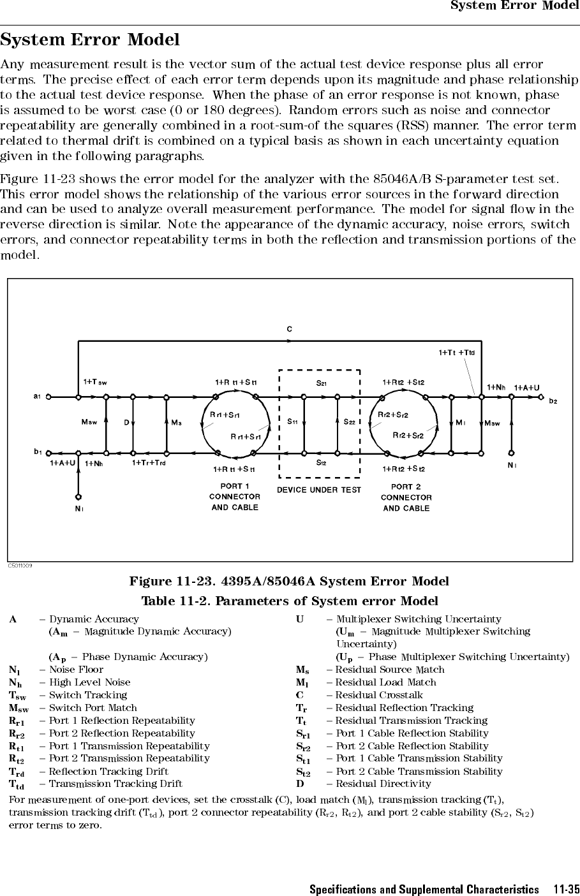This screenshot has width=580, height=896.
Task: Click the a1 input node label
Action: tap(37, 397)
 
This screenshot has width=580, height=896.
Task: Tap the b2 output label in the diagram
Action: tap(553, 401)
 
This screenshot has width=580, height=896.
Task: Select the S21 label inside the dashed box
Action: tap(322, 383)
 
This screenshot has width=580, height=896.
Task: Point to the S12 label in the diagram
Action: tap(322, 463)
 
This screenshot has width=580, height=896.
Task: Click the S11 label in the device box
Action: tap(292, 421)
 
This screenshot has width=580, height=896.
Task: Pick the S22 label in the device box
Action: tap(350, 422)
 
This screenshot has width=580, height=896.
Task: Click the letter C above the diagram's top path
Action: tap(290, 329)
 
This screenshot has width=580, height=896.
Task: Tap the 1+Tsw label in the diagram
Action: tap(95, 382)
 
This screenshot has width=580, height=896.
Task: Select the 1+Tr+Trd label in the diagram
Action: tap(149, 463)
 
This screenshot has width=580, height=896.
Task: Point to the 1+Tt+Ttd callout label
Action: tap(457, 353)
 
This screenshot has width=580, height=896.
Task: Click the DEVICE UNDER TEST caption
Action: tap(319, 490)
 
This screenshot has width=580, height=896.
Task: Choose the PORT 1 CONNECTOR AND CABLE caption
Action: tap(235, 497)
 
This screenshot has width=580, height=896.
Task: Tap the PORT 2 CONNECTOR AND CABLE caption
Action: tap(406, 497)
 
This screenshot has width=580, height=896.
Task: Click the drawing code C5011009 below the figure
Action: tap(20, 566)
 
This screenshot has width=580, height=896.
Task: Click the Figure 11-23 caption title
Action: tap(289, 581)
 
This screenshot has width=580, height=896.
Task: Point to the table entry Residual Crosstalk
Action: tap(379, 695)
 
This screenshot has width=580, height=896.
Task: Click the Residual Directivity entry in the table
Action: tap(383, 784)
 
